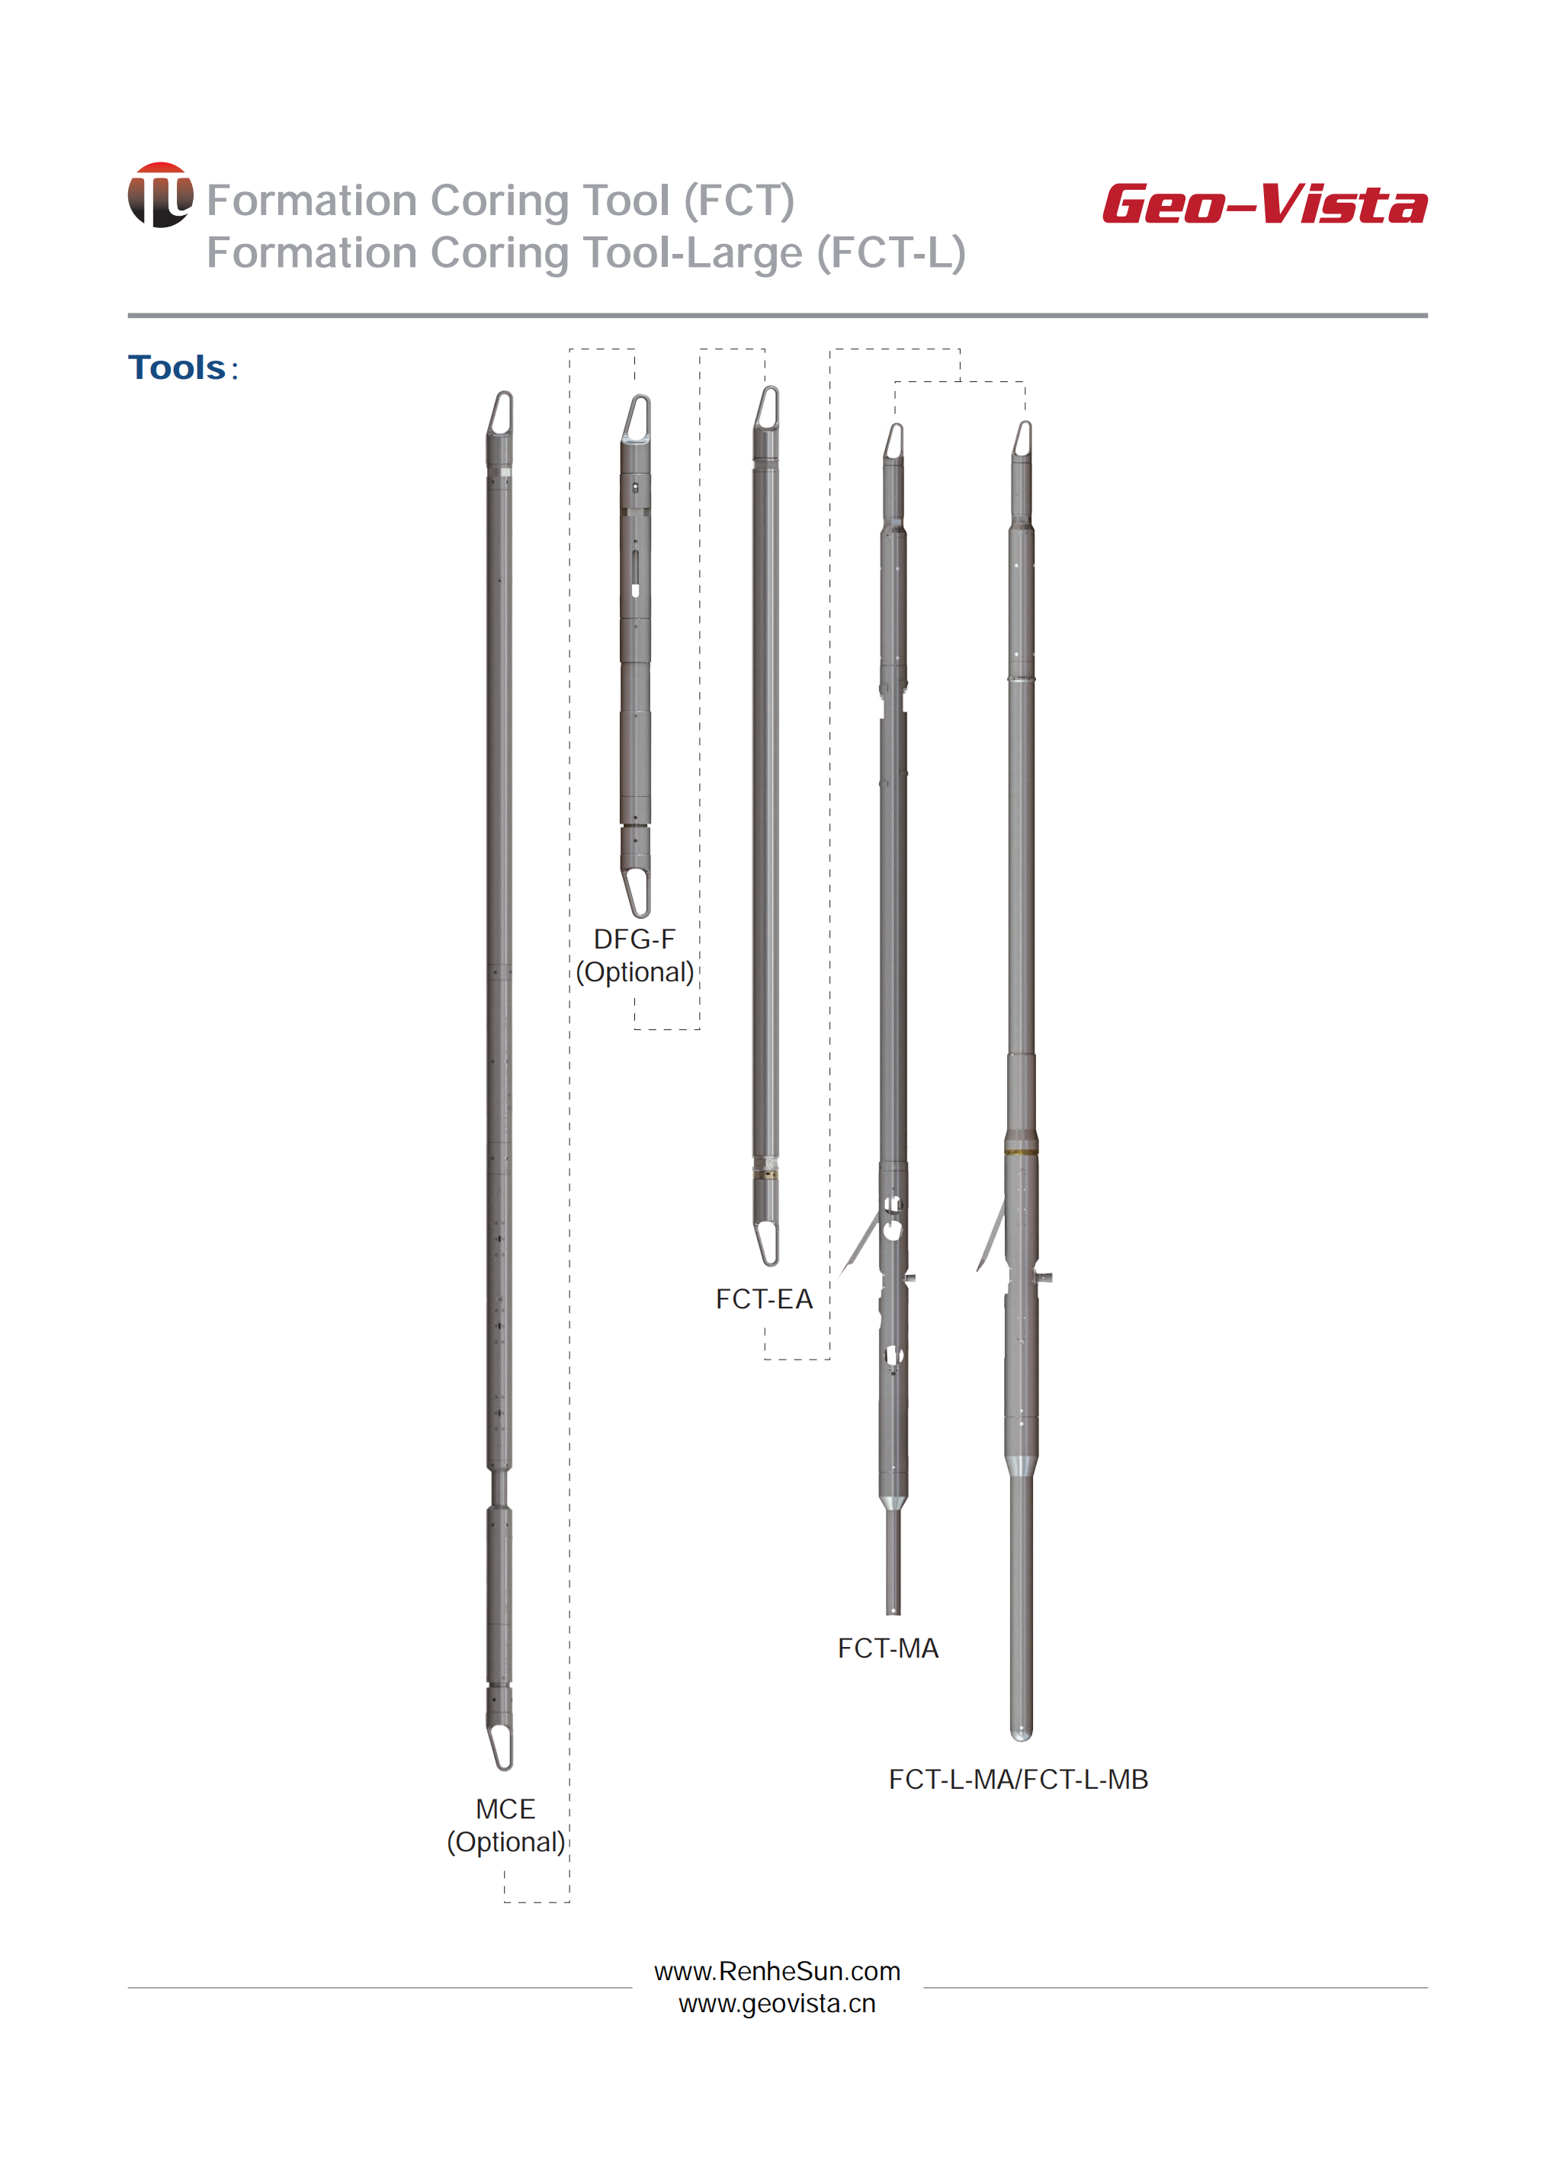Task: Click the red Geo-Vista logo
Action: tap(1265, 204)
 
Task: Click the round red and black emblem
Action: tap(160, 194)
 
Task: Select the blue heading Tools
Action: tap(178, 368)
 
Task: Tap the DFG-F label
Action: tap(634, 939)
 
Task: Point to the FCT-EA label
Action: tap(764, 1299)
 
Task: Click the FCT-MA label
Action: tap(888, 1648)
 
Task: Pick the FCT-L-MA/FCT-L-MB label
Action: tap(1019, 1780)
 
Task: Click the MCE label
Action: tap(505, 1809)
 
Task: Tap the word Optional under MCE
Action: tap(507, 1843)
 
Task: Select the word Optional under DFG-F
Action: tap(635, 973)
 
